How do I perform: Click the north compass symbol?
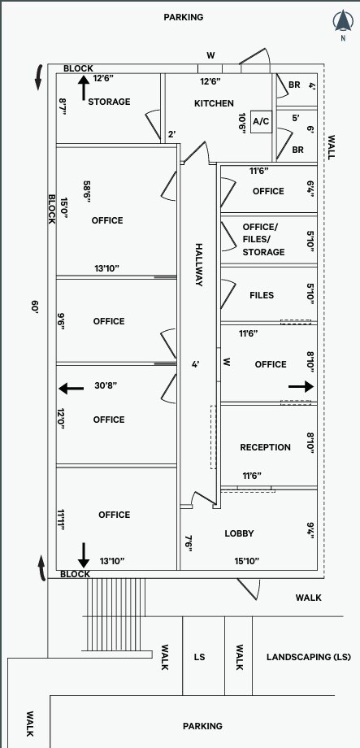pos(342,23)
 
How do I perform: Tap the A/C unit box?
pos(261,121)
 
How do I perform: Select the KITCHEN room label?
pos(214,103)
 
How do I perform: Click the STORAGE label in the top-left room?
pos(109,102)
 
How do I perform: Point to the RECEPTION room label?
pos(265,447)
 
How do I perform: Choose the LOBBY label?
pos(239,533)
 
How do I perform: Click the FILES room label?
pos(262,295)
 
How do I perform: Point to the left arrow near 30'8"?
pos(71,389)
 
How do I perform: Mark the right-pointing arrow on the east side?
pos(300,387)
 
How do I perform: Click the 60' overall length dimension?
pos(34,307)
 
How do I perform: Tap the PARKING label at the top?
pos(183,16)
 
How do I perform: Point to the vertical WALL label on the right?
pos(330,146)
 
